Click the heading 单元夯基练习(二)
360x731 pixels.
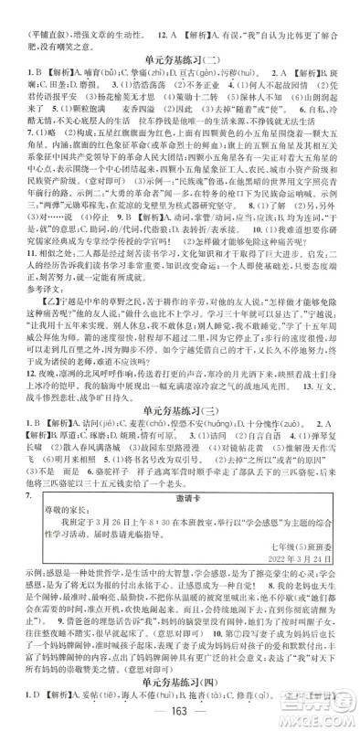click(179, 55)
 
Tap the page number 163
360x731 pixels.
click(179, 715)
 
